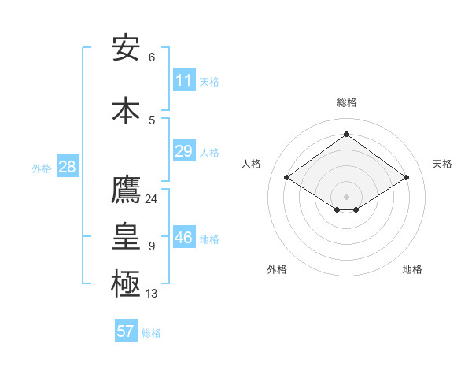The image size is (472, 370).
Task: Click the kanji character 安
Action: (x=126, y=48)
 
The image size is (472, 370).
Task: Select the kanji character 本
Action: (x=126, y=109)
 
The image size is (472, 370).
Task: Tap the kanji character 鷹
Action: (x=126, y=190)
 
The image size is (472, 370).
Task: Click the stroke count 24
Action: (x=151, y=198)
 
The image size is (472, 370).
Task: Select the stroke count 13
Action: (x=151, y=294)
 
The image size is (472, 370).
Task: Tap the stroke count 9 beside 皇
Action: (x=151, y=246)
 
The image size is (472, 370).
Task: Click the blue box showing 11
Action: (x=183, y=80)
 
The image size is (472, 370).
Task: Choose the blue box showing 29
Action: (x=183, y=151)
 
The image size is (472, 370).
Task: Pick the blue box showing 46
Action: (x=183, y=238)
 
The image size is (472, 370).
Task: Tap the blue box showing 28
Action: (x=67, y=167)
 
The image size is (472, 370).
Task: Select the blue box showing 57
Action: (x=126, y=331)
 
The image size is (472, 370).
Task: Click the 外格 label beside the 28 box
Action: (x=42, y=168)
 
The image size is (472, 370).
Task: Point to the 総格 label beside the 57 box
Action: (x=151, y=333)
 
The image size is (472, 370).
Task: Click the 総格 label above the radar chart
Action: (x=346, y=102)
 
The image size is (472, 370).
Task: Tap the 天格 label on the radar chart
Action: (x=442, y=164)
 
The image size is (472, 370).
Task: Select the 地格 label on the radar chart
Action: (x=412, y=269)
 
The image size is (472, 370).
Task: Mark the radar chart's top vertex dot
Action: (x=346, y=134)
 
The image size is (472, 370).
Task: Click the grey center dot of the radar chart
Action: (x=346, y=195)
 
